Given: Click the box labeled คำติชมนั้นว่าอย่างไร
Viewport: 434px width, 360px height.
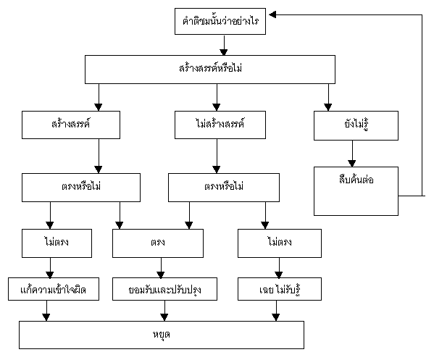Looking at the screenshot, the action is [220, 21].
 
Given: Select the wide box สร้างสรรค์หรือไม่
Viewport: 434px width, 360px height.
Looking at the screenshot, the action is [210, 70].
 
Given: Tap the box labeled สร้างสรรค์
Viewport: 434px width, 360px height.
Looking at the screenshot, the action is [71, 125].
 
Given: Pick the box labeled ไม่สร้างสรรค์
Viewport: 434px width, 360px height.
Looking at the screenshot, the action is [220, 125].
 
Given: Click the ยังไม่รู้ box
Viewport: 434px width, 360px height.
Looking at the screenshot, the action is [356, 125].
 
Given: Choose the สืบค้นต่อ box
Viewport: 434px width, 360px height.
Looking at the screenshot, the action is [356, 191].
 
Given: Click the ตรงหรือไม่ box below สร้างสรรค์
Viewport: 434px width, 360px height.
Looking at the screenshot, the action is [81, 188].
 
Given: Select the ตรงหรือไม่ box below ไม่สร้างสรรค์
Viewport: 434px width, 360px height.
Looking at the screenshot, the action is [224, 188].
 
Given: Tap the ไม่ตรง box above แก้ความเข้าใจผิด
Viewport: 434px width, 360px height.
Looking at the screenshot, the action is [57, 243].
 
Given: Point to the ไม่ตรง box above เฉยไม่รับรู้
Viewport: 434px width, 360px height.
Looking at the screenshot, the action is [280, 243].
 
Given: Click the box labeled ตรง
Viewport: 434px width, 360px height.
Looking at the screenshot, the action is [158, 243].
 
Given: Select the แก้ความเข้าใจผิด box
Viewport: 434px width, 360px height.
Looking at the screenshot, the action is [54, 289].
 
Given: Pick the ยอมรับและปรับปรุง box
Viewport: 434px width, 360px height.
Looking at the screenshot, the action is [164, 289].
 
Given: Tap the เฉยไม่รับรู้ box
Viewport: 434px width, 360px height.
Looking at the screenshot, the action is [280, 289].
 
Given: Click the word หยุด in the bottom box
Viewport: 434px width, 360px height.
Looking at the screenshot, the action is [162, 335].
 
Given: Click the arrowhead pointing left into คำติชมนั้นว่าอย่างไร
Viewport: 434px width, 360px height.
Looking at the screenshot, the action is [272, 14].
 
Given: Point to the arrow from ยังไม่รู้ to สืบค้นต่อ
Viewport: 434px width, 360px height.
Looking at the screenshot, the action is [352, 154].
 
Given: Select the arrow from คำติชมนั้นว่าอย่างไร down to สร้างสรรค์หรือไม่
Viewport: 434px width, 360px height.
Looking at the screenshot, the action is [224, 45].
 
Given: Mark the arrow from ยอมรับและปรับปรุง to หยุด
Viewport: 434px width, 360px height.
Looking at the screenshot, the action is [164, 311].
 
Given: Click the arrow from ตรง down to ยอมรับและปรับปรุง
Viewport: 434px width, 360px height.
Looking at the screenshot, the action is [161, 268].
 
